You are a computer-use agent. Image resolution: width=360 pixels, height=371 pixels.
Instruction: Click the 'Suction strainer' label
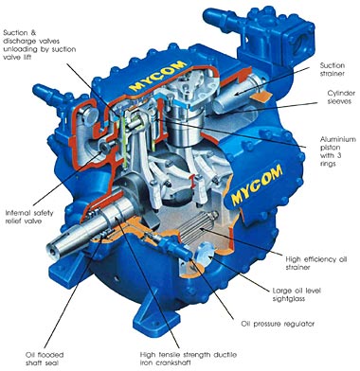[x=332, y=70]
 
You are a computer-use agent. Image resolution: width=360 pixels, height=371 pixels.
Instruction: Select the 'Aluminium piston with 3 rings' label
[x=337, y=151]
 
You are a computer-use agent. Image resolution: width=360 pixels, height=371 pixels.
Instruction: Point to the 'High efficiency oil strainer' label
[x=316, y=263]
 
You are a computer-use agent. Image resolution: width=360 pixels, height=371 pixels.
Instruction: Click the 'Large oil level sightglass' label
[x=297, y=294]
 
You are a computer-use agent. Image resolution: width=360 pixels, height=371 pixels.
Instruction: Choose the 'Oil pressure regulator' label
[x=278, y=324]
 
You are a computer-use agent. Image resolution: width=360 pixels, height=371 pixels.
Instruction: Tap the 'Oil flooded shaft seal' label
[x=45, y=359]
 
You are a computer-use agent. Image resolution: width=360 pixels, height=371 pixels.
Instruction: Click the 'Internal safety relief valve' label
[x=29, y=217]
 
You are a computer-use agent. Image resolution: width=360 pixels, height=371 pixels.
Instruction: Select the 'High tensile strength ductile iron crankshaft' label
[x=189, y=359]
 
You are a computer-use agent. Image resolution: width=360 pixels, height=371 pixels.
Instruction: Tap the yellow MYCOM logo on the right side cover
[x=257, y=185]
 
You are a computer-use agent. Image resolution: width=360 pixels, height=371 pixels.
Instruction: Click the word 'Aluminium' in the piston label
[x=337, y=139]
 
